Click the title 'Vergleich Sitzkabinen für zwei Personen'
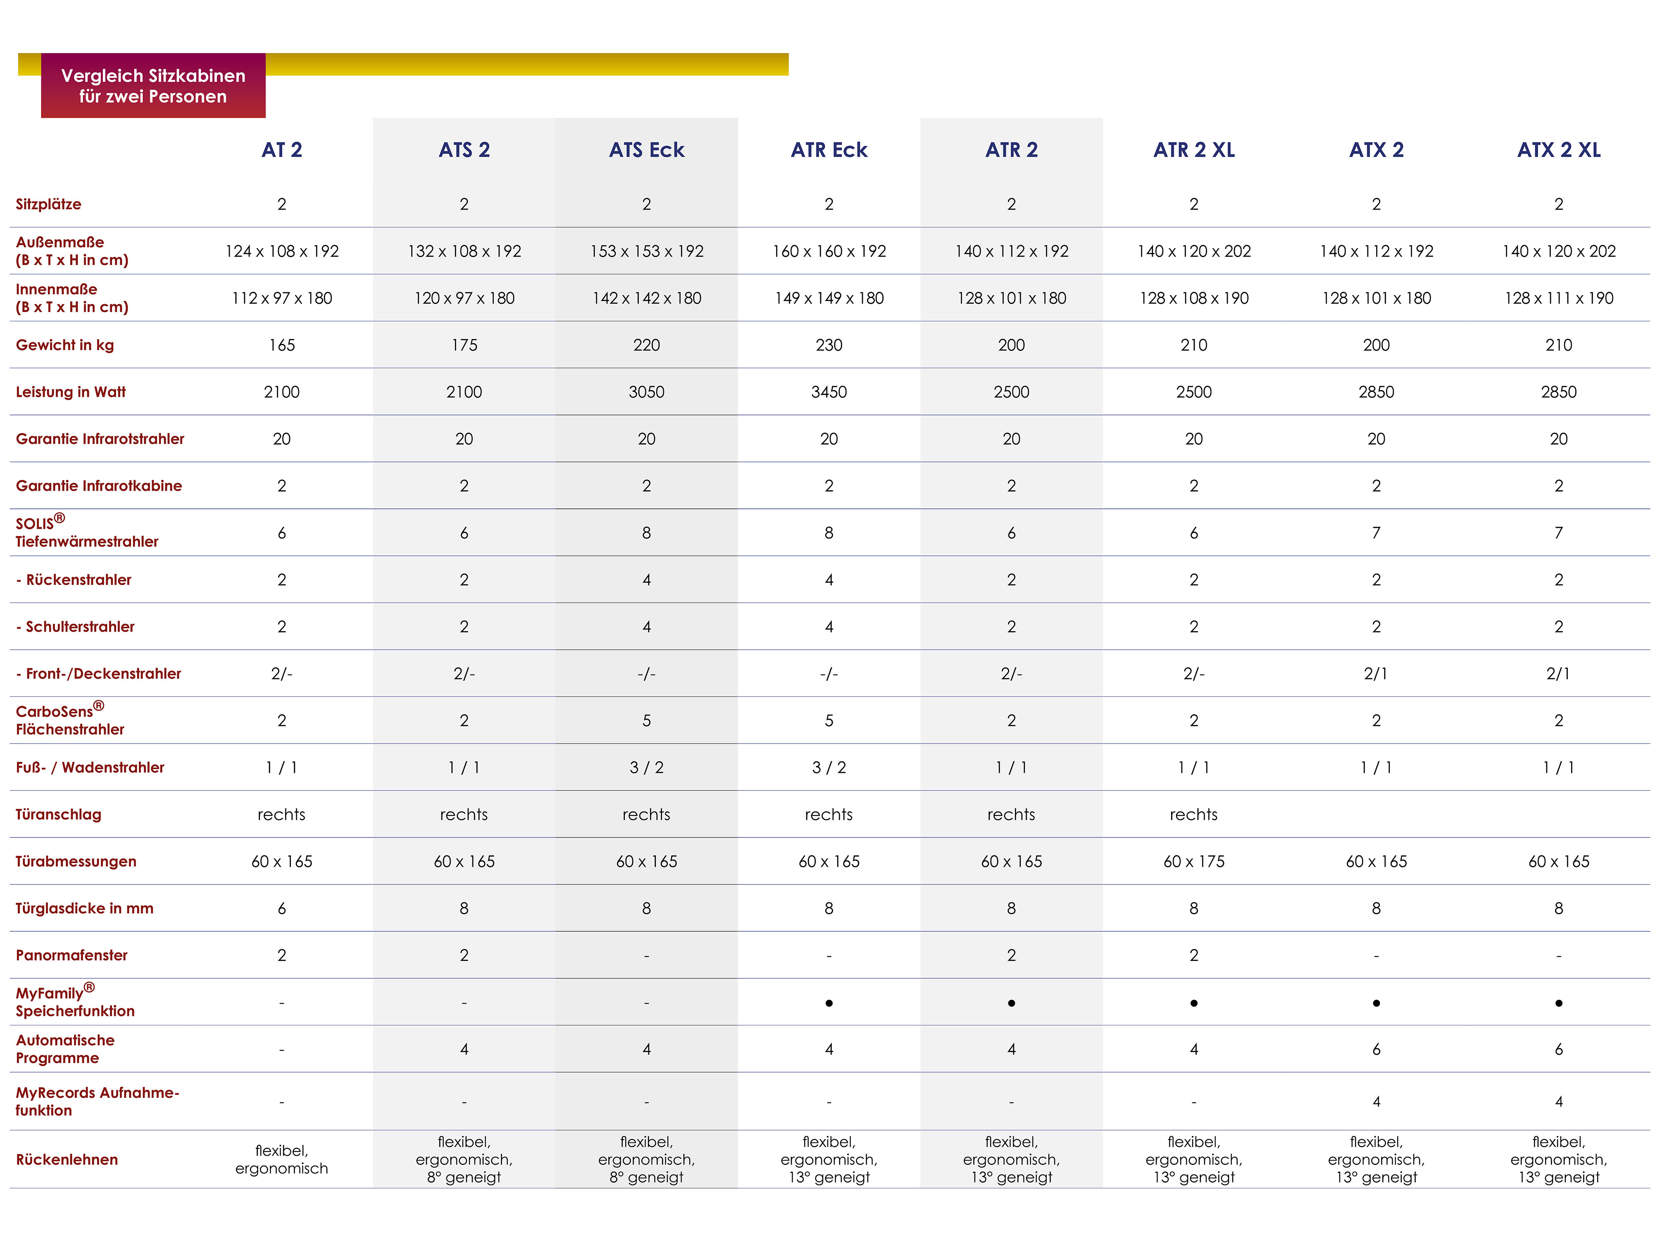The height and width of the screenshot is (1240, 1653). pos(153,86)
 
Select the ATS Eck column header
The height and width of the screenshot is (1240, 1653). pos(646,150)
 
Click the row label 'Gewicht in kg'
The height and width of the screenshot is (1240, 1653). pos(65,345)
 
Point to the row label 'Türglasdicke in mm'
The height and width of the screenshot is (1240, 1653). pos(84,908)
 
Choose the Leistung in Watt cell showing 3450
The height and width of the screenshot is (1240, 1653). pos(829,392)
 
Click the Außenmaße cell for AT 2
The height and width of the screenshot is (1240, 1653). pos(282,251)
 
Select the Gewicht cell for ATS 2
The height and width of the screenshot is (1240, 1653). pos(464,345)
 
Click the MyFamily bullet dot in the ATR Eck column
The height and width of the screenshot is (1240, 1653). pos(829,1003)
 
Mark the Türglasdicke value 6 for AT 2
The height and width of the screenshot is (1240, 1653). pos(282,908)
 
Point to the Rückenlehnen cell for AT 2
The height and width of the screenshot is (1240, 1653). pos(282,1159)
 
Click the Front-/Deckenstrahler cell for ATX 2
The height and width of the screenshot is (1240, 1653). pos(1376,673)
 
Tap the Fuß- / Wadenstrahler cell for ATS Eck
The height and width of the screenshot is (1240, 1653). pos(646,768)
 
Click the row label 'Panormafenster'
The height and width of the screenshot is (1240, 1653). pos(72,955)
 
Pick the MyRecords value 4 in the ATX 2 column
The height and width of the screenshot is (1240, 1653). pos(1376,1102)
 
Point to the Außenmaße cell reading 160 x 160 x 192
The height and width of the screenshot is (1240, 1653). pos(829,251)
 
